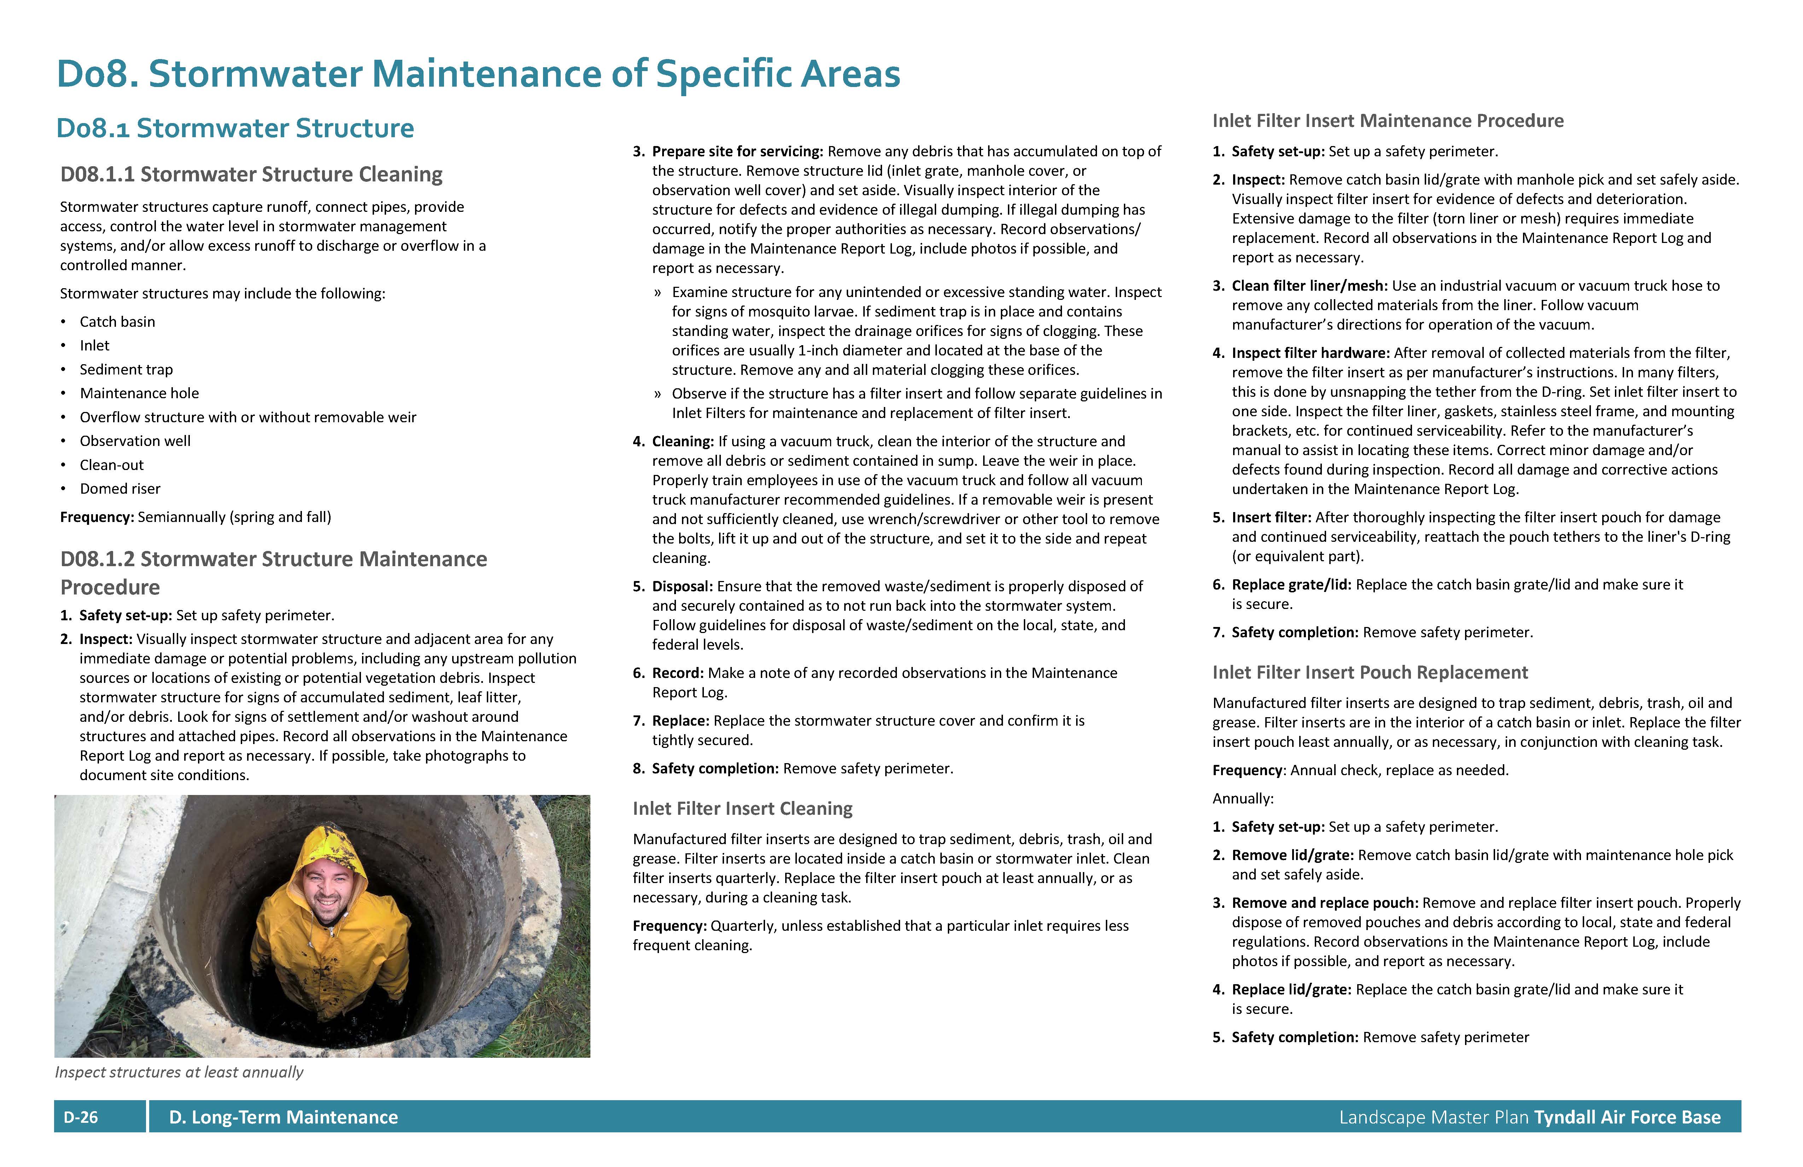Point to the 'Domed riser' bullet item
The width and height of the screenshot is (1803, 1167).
coord(120,489)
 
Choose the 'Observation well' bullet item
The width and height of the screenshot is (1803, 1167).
coord(135,441)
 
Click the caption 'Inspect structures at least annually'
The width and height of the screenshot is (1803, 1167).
coord(179,1072)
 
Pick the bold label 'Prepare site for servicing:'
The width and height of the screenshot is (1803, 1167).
coord(737,152)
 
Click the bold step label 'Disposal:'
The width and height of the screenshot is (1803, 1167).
coord(682,587)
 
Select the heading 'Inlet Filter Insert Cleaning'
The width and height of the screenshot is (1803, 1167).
coord(742,808)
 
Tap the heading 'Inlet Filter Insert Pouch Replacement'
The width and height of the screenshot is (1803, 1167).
coord(1370,673)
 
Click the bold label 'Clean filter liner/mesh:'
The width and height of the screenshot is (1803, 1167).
coord(1309,286)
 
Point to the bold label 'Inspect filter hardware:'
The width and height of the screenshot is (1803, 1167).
coord(1311,353)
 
